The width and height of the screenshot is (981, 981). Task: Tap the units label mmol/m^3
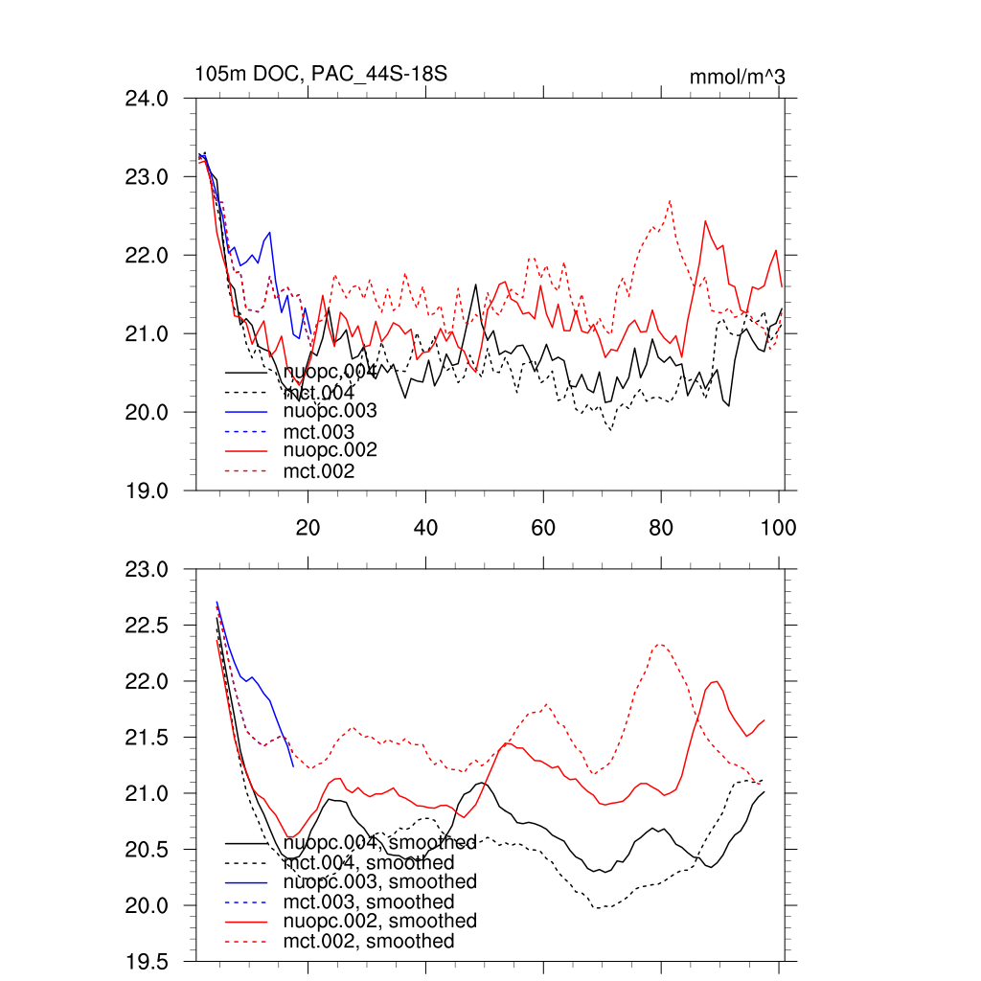(737, 76)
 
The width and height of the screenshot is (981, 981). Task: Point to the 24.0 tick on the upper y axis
(148, 99)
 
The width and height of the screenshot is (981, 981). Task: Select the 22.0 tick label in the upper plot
(148, 256)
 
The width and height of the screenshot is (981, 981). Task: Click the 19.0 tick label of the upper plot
(148, 490)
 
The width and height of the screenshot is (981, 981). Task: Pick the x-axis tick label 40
(425, 527)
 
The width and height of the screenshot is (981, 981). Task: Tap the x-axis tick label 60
(543, 527)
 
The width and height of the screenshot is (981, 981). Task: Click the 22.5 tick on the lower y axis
(148, 625)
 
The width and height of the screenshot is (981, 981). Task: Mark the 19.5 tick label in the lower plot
(148, 961)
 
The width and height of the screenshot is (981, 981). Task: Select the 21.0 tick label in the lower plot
(148, 793)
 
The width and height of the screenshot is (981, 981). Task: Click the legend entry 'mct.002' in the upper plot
(319, 471)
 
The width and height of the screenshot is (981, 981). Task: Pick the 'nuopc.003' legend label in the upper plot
(330, 411)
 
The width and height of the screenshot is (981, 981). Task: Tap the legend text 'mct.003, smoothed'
(369, 902)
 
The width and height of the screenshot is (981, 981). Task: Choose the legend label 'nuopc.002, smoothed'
(380, 922)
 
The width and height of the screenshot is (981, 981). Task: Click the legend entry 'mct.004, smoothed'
(369, 863)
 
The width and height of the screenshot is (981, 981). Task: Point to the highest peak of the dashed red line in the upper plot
(670, 201)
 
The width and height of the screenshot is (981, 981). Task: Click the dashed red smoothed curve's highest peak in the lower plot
(660, 645)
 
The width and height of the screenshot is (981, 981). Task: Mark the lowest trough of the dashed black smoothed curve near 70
(601, 907)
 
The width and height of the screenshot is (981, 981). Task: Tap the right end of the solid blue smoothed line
(293, 766)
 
